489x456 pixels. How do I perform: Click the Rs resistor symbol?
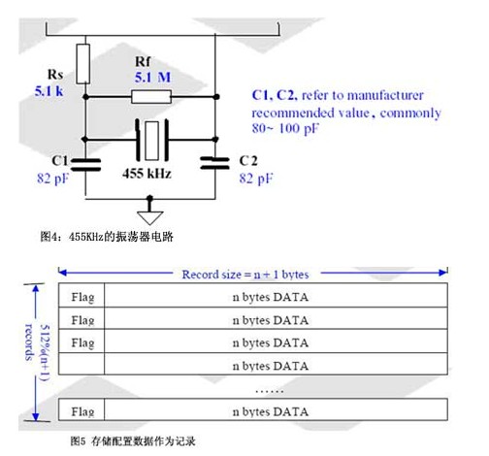point(83,64)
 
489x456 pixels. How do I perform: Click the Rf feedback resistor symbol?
point(151,97)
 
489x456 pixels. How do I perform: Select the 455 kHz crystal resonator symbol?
point(152,141)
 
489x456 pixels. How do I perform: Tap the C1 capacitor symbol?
point(85,164)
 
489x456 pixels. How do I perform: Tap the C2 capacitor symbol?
point(215,163)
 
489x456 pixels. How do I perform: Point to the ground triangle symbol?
point(150,217)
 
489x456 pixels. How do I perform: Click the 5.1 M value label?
point(152,78)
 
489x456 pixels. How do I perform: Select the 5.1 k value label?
point(49,91)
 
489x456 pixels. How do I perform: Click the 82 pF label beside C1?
point(52,179)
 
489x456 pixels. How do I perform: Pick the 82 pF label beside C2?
point(256,179)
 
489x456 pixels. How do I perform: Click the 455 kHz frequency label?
point(147,174)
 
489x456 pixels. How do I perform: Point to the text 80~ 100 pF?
point(285,128)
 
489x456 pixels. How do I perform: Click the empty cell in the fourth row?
point(81,364)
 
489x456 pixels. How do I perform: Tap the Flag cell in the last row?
point(81,409)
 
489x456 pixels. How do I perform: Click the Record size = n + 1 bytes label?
point(245,275)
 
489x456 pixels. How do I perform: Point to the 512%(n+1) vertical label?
point(46,352)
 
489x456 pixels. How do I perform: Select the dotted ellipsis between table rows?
point(270,392)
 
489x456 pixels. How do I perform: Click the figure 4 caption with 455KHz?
point(107,237)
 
